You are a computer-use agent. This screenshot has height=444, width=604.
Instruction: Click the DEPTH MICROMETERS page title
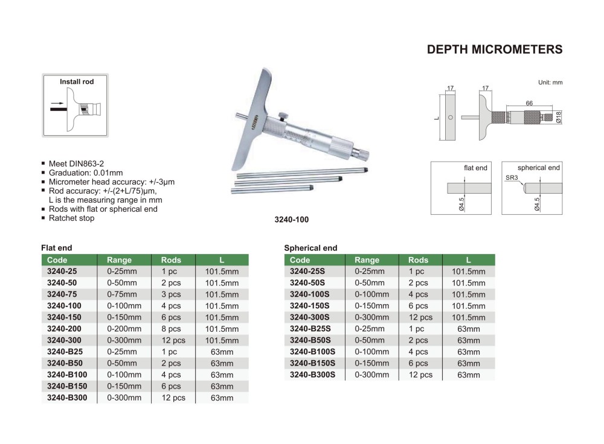pyautogui.click(x=494, y=50)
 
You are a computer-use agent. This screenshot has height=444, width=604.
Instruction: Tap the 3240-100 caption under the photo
pyautogui.click(x=291, y=220)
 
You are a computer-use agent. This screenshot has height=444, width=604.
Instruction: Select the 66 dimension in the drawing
pyautogui.click(x=528, y=104)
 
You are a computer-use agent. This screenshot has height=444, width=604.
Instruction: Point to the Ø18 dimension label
pyautogui.click(x=559, y=116)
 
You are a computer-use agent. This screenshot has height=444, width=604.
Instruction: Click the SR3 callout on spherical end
pyautogui.click(x=510, y=179)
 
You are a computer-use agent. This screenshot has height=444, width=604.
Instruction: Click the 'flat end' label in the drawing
pyautogui.click(x=476, y=168)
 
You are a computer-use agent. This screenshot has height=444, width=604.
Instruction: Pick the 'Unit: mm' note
pyautogui.click(x=550, y=82)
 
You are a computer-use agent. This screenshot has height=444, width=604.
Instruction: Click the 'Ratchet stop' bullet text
pyautogui.click(x=71, y=218)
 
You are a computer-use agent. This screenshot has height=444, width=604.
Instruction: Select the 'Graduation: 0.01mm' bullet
pyautogui.click(x=85, y=173)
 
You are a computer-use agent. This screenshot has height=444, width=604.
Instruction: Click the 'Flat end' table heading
pyautogui.click(x=56, y=248)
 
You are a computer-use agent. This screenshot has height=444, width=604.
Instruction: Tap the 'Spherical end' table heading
pyautogui.click(x=310, y=248)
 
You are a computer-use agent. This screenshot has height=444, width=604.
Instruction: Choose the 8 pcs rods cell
pyautogui.click(x=171, y=329)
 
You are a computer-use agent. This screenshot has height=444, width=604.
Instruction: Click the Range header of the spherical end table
pyautogui.click(x=367, y=260)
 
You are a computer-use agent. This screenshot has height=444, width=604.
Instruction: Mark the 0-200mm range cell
pyautogui.click(x=124, y=329)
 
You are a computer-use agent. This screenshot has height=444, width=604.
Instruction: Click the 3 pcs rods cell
pyautogui.click(x=171, y=294)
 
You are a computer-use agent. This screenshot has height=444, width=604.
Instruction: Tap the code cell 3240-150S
pyautogui.click(x=310, y=306)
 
